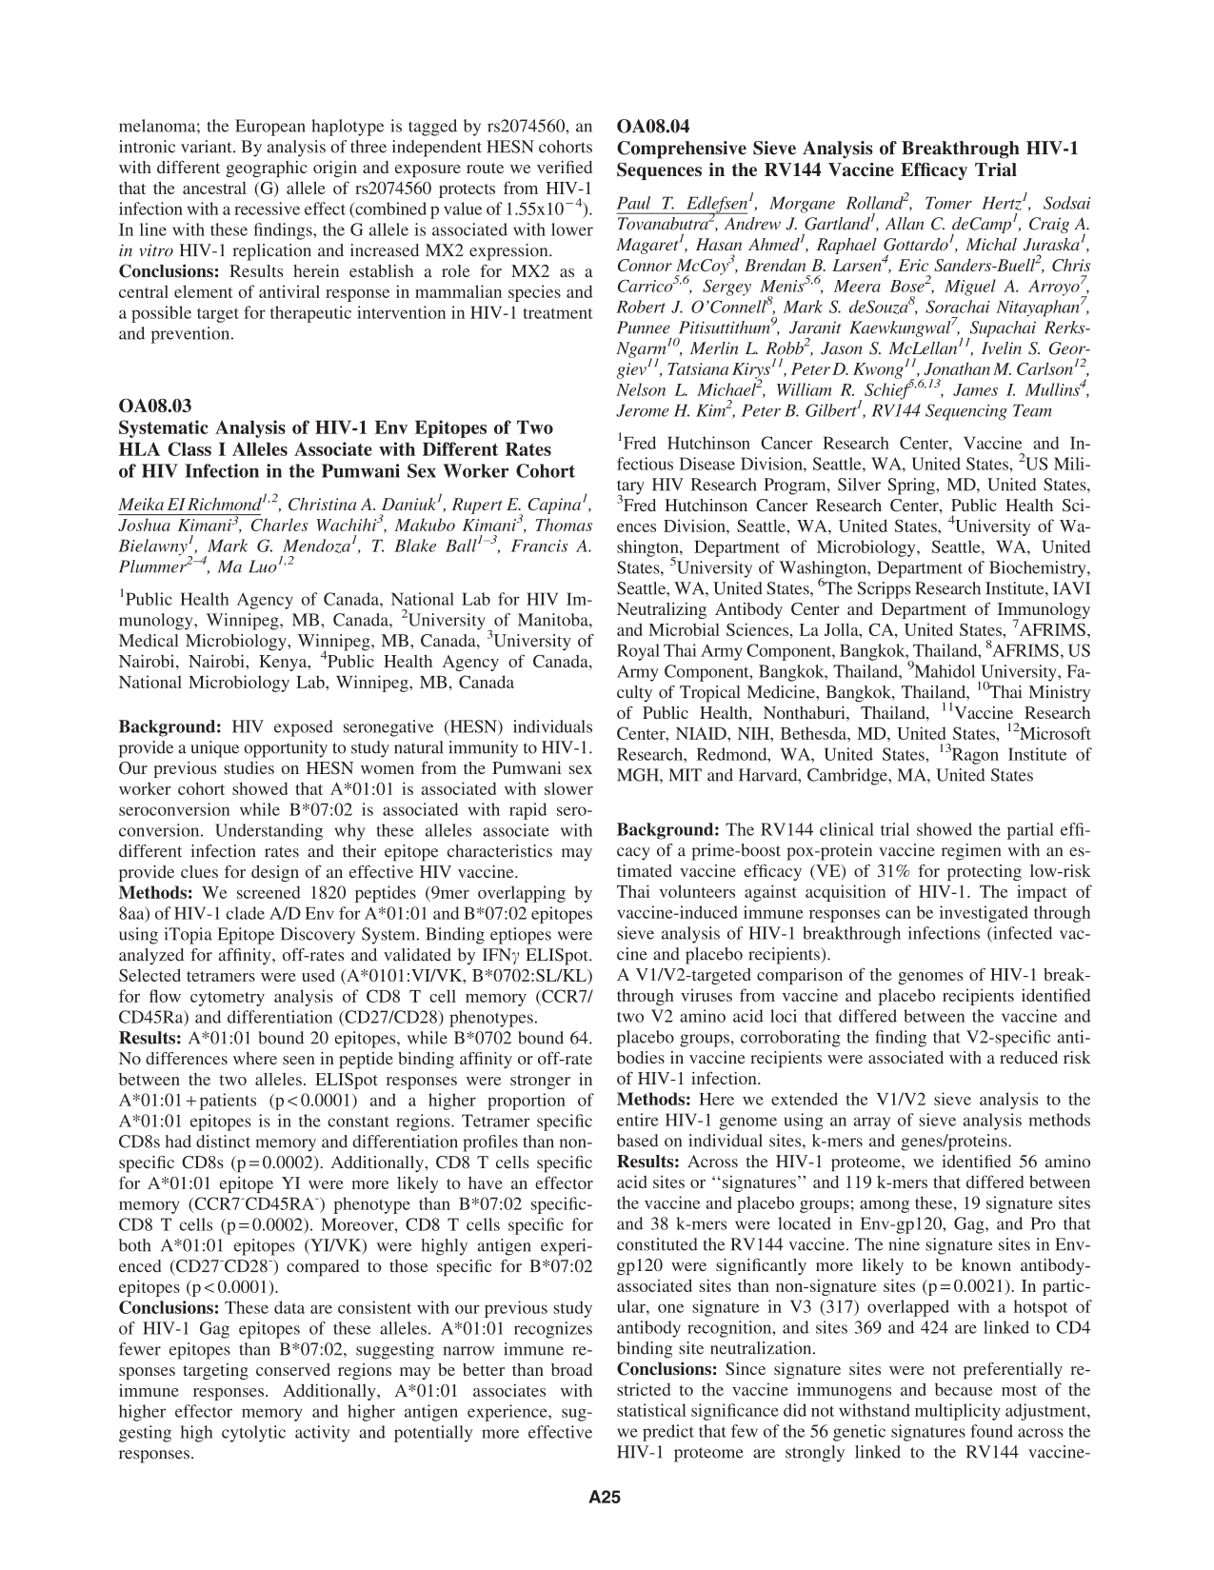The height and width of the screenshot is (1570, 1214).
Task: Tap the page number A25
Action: [x=605, y=1498]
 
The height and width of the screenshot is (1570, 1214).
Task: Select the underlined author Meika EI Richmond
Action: [x=189, y=504]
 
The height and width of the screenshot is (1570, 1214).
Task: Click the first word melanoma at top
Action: [x=153, y=126]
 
